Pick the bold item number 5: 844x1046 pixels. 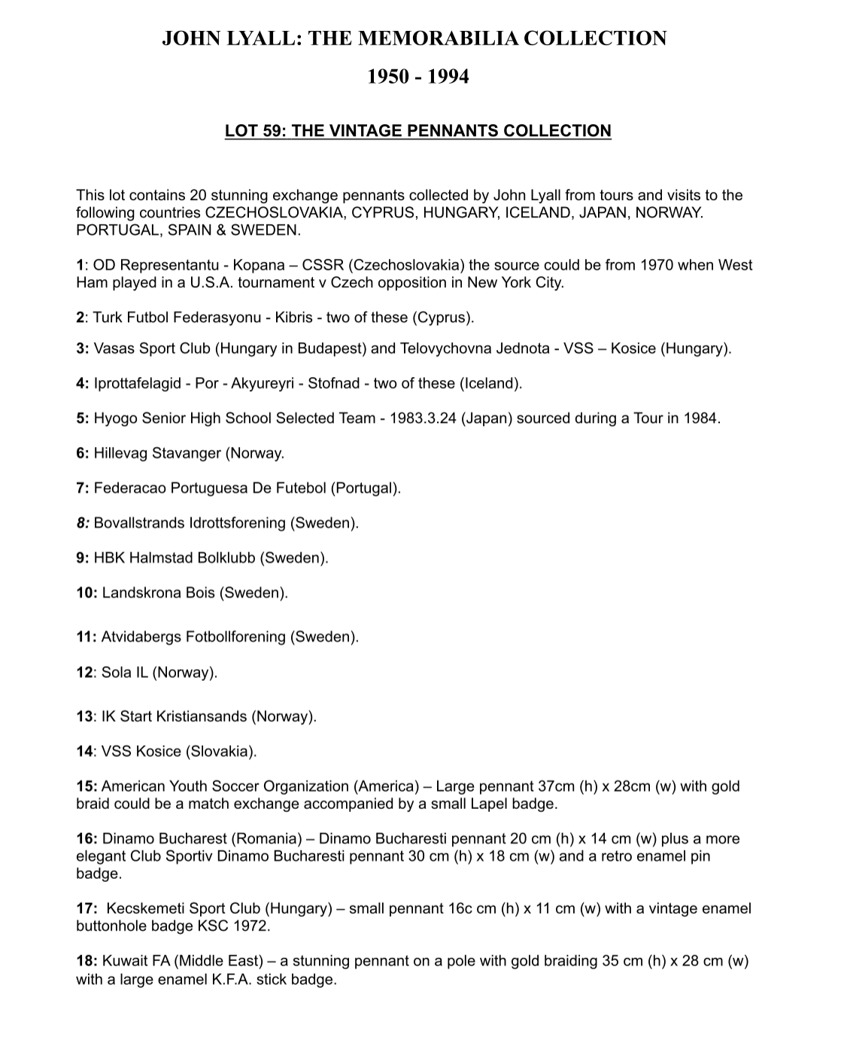point(83,418)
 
